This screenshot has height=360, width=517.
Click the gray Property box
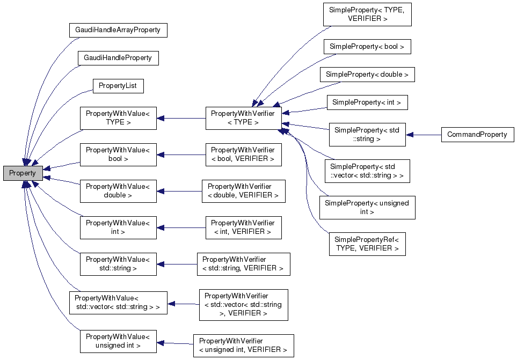tap(23, 173)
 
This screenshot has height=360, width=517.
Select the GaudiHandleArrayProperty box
tap(118, 30)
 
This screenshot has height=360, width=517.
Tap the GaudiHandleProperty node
tap(118, 58)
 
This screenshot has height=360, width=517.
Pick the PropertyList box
tap(118, 86)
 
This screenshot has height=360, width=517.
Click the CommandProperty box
tap(477, 135)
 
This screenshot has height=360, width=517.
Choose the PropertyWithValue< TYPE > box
tap(118, 118)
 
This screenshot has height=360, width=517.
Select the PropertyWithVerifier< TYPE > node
tap(243, 118)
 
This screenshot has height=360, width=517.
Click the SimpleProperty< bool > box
tap(367, 47)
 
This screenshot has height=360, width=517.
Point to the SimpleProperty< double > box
tap(367, 75)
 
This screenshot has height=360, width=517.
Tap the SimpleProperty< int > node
tap(367, 102)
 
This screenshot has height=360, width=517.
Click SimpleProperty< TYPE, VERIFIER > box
tap(367, 14)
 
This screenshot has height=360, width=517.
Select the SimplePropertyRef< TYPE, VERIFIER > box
tap(367, 244)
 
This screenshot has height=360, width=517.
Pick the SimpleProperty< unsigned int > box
tap(367, 208)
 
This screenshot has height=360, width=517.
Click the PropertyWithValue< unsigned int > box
tap(118, 341)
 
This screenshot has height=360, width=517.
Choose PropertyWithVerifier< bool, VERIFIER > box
tap(243, 155)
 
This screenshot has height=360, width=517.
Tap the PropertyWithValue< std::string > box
tap(118, 264)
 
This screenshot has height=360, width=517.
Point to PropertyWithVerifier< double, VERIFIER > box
tap(243, 191)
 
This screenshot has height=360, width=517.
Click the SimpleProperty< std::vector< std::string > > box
tap(367, 171)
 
